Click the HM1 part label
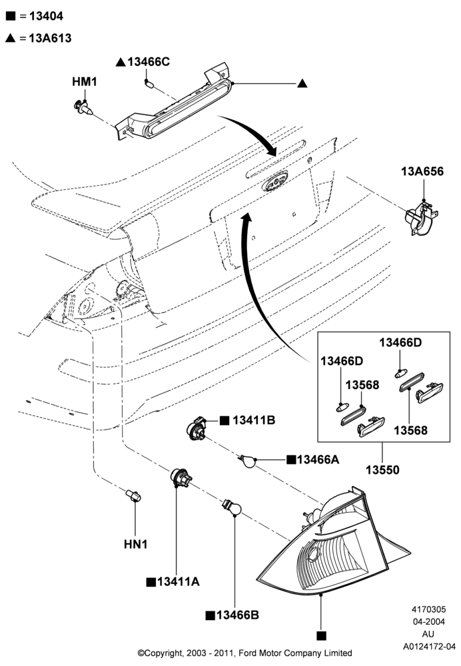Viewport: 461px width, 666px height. coord(85,81)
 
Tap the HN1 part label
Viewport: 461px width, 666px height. coord(135,544)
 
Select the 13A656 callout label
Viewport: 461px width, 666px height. coord(422,172)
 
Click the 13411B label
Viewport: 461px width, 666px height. coord(254,420)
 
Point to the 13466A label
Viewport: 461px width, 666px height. coord(318,460)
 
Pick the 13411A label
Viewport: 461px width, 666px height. coord(178,582)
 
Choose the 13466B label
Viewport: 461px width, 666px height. coord(238,615)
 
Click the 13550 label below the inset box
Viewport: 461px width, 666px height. coord(383,470)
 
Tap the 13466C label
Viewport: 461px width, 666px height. coord(149,62)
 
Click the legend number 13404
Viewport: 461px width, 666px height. coord(47,16)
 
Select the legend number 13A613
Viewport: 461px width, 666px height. coord(50,38)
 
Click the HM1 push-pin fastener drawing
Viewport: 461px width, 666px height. coord(82,108)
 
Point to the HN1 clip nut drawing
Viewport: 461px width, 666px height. coord(133,496)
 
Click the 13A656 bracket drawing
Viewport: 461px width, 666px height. coord(420,218)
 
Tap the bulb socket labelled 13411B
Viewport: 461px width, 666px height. coord(197,428)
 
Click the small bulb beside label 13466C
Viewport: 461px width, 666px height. coord(149,84)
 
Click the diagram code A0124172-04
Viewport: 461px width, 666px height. coord(429,647)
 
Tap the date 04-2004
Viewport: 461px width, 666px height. coord(429,622)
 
